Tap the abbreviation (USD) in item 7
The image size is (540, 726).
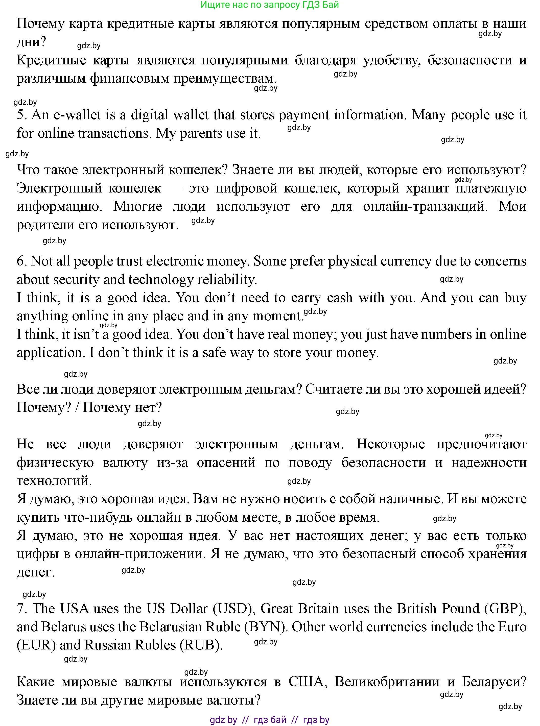point(234,608)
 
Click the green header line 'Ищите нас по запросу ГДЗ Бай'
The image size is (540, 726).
point(270,5)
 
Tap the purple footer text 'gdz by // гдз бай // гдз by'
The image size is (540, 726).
point(270,719)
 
